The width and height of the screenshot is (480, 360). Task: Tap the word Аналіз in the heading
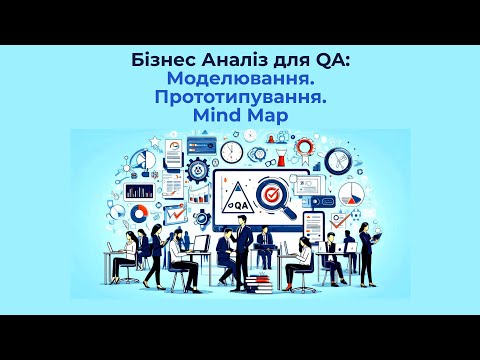click(229, 61)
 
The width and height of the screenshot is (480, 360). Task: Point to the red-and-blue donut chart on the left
click(139, 213)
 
